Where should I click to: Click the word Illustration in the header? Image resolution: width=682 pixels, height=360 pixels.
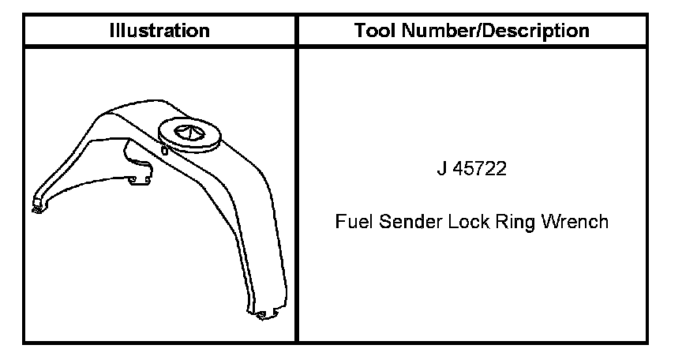point(159,31)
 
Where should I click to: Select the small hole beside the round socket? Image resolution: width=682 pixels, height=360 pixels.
point(163,148)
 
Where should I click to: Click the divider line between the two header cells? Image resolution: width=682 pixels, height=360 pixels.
point(297,31)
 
